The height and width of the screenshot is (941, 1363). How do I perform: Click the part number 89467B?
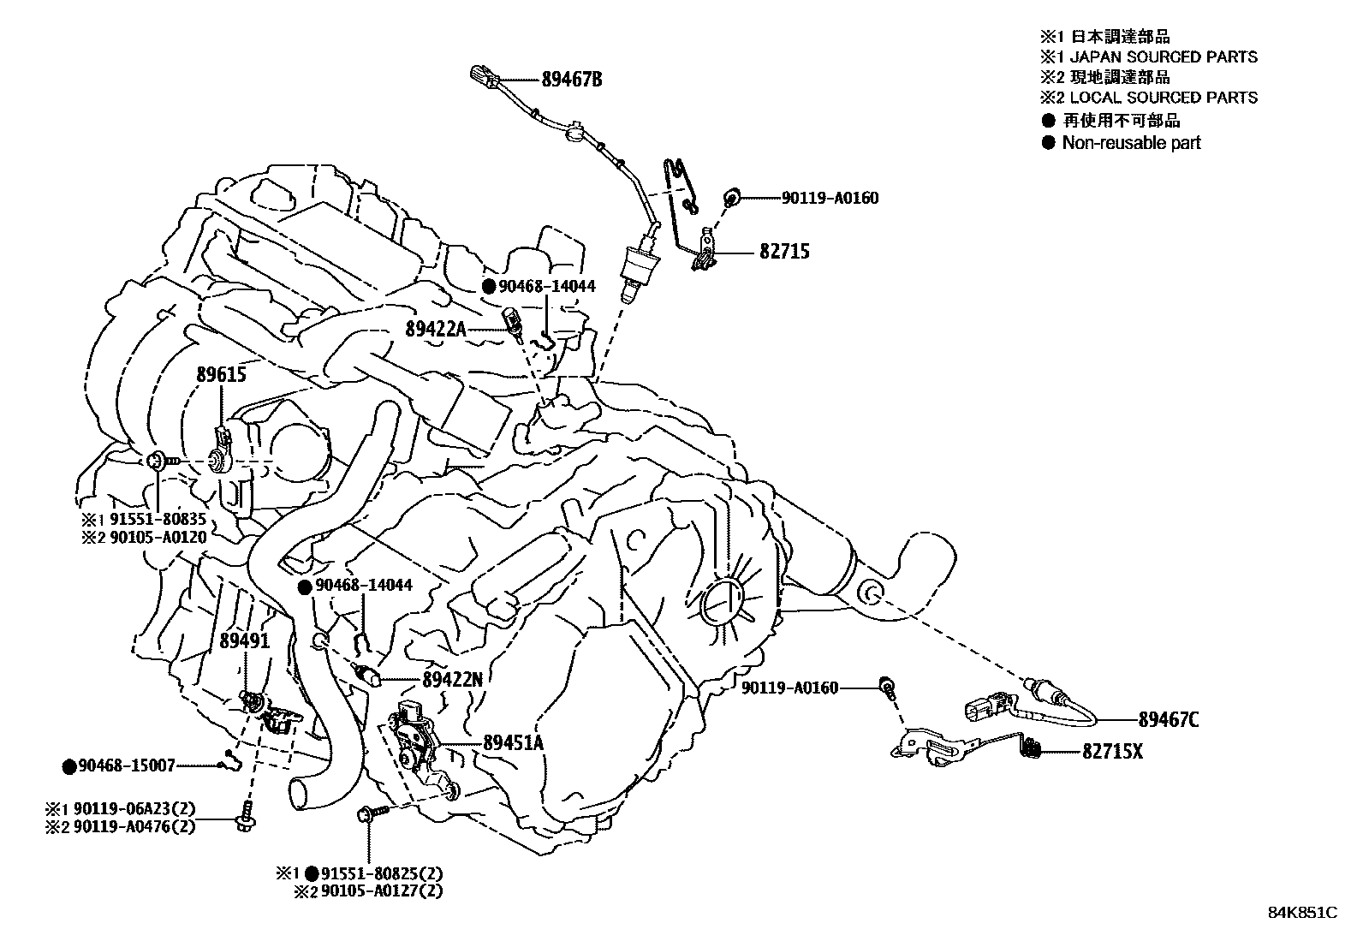(571, 80)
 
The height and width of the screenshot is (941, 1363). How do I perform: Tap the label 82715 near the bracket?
(783, 252)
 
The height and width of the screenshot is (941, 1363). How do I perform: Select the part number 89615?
(221, 374)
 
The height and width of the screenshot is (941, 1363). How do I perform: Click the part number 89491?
(245, 640)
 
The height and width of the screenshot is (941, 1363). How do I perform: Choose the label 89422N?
(452, 680)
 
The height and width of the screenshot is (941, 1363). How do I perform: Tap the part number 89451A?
(513, 743)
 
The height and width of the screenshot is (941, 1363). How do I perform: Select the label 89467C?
(1168, 720)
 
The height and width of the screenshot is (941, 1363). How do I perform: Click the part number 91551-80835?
(156, 519)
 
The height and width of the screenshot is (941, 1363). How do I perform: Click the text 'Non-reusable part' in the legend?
(1130, 143)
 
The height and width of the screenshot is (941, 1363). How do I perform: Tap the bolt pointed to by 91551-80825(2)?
(369, 813)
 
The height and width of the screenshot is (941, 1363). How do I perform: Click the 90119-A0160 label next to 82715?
(829, 198)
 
